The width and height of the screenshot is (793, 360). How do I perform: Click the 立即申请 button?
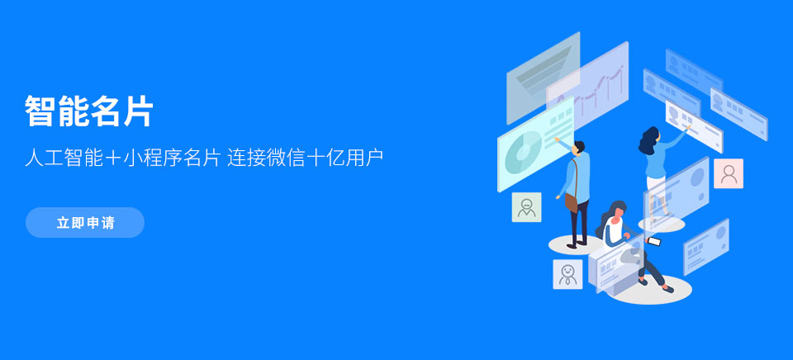click(x=85, y=222)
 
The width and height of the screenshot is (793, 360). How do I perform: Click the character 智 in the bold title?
click(x=40, y=111)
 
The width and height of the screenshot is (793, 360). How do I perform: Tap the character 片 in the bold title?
click(x=137, y=111)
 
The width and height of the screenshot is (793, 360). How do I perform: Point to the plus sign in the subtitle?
click(x=113, y=159)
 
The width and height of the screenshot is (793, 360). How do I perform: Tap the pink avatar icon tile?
click(x=729, y=173)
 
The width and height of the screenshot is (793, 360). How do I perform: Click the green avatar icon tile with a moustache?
click(x=526, y=206)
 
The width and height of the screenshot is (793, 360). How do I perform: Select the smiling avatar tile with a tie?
click(x=567, y=274)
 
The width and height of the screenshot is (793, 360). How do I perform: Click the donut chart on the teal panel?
click(x=524, y=152)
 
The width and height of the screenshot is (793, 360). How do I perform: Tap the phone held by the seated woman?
click(x=654, y=241)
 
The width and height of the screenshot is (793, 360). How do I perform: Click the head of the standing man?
click(x=579, y=147)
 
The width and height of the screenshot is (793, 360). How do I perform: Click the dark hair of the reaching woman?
click(x=648, y=140)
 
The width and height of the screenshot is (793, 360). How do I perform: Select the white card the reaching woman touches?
click(x=694, y=126)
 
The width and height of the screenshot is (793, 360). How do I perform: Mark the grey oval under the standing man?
click(x=577, y=244)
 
